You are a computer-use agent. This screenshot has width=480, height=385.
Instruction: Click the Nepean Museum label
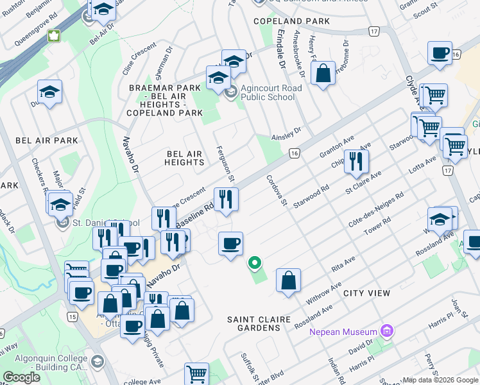coord(343,332)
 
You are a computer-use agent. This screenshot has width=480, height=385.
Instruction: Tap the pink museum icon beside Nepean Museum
coord(386,332)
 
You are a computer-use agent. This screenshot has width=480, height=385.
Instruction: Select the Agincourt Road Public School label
coord(268,93)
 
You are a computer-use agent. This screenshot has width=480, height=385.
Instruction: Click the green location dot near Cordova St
coord(255,262)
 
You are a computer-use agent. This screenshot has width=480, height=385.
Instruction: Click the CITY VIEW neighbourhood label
coord(366,293)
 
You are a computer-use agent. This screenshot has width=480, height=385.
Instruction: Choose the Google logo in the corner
coord(22,377)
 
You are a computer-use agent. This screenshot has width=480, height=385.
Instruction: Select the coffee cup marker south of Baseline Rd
coord(230,244)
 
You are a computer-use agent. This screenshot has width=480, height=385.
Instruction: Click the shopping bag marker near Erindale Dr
coord(323,73)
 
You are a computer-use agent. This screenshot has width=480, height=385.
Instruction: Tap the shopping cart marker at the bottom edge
coord(196,374)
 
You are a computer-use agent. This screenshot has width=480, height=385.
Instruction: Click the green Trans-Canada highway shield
coord(55,36)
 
